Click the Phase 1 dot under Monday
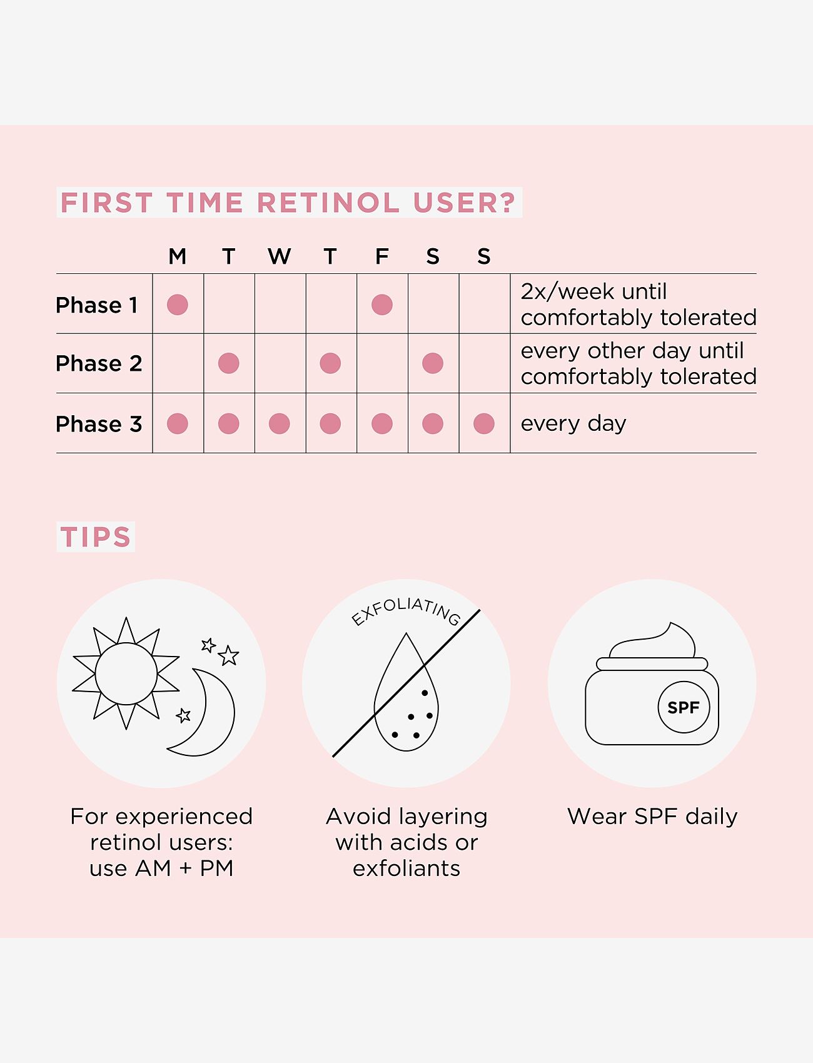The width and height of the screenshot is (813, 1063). (x=178, y=305)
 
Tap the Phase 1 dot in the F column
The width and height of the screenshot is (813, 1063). (x=381, y=305)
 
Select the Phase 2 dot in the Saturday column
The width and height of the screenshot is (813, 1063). (x=433, y=363)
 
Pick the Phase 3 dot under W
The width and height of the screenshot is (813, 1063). (x=279, y=423)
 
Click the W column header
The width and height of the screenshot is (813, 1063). (x=279, y=256)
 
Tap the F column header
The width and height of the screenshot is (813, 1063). (x=381, y=256)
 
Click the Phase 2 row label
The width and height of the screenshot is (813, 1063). (x=99, y=363)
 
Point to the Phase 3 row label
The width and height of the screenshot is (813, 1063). (x=99, y=424)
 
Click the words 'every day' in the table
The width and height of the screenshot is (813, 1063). (x=573, y=423)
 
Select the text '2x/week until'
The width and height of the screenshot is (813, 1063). (x=593, y=291)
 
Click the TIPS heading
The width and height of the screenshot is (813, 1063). (x=96, y=537)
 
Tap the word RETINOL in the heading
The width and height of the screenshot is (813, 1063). (x=328, y=203)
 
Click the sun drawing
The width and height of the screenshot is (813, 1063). (x=126, y=673)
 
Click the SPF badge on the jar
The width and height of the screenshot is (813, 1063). (x=684, y=707)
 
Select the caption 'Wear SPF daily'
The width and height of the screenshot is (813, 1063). (x=652, y=817)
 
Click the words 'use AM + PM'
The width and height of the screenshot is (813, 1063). (x=161, y=868)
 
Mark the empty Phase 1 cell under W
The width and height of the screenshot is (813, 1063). (x=280, y=304)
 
